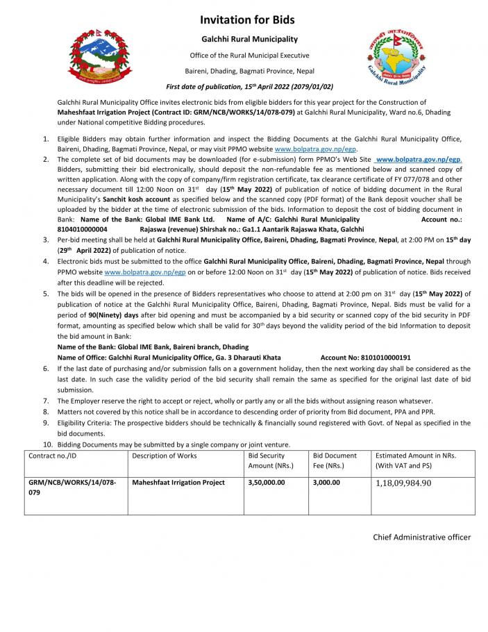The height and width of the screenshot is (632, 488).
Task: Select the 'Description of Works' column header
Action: (x=165, y=456)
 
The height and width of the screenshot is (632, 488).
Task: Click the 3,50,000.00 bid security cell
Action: (x=267, y=482)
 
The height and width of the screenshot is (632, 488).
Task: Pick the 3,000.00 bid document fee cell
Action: (x=326, y=482)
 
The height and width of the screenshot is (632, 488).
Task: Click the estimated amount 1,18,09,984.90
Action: (x=403, y=483)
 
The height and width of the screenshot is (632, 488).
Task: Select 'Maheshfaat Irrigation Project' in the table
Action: (x=178, y=482)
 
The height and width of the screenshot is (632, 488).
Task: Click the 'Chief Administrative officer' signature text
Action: (x=421, y=537)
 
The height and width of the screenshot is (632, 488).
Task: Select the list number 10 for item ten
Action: (x=48, y=444)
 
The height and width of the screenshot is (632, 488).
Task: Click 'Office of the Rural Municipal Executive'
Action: (x=249, y=56)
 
